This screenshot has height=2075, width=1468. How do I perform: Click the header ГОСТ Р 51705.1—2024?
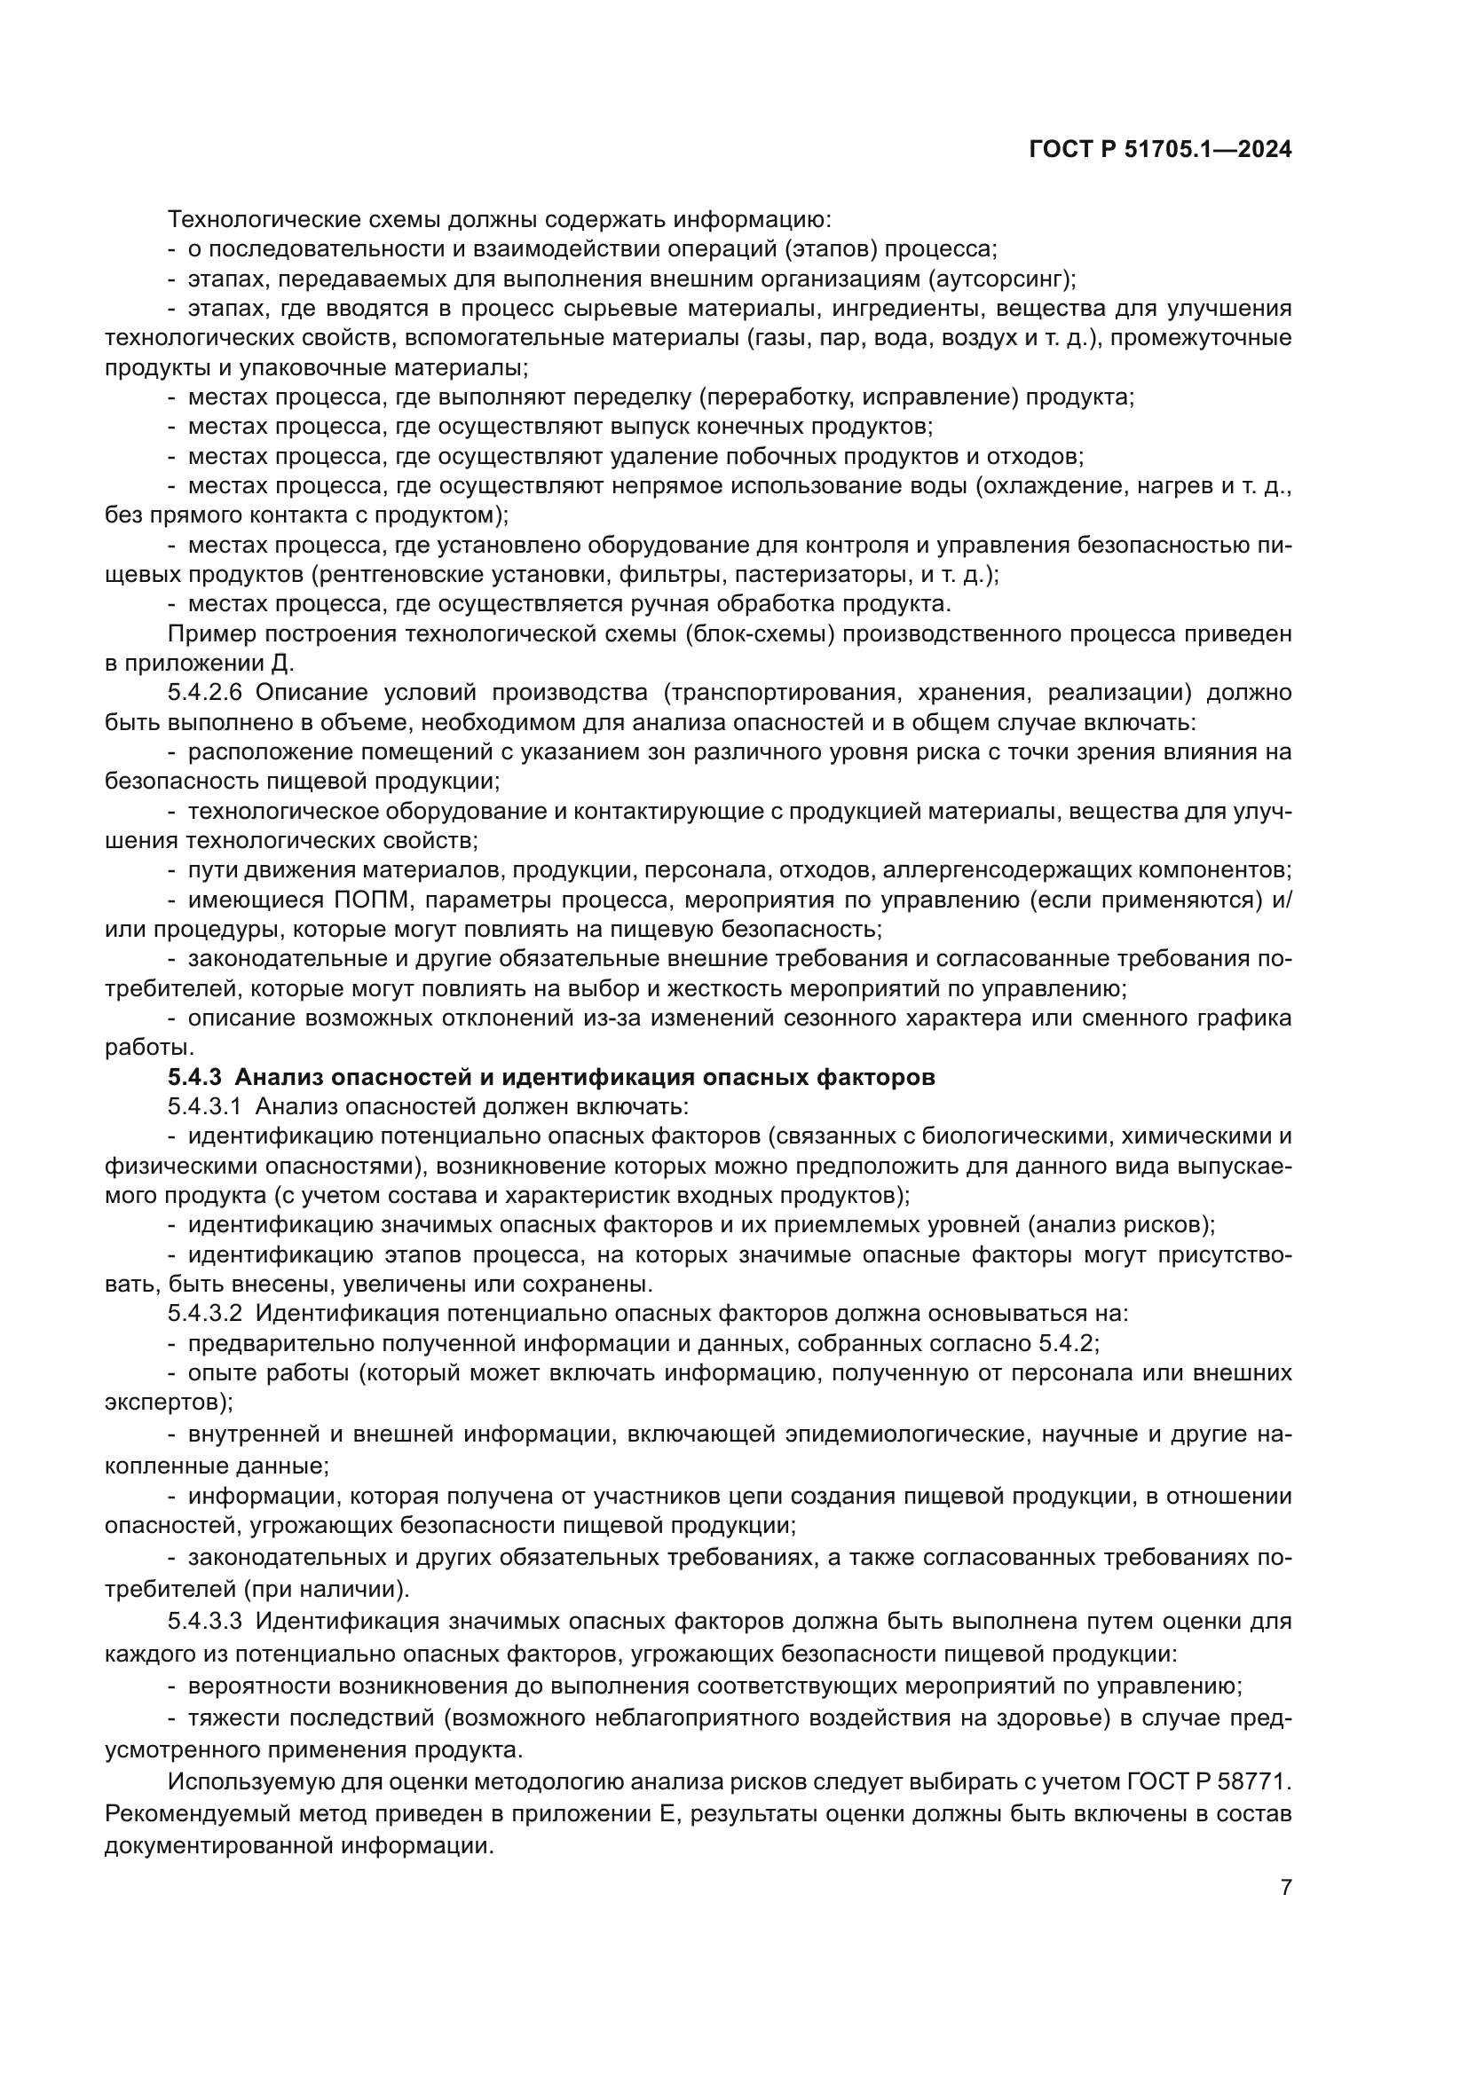pyautogui.click(x=1160, y=150)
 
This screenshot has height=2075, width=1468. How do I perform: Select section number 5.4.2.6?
pyautogui.click(x=205, y=692)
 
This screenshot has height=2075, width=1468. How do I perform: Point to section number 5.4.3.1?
pyautogui.click(x=205, y=1106)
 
